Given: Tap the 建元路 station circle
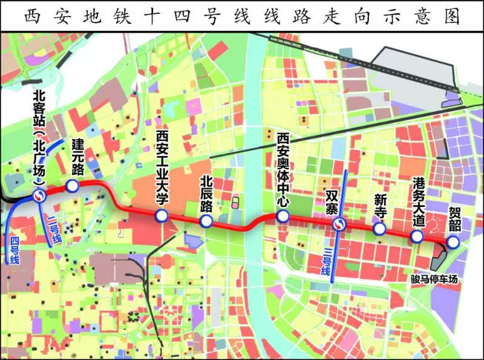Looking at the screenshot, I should click(x=72, y=186).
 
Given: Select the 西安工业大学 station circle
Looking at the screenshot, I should click(x=161, y=217).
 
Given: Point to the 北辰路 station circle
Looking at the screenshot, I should click(x=206, y=221).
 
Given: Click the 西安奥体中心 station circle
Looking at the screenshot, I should click(x=282, y=217).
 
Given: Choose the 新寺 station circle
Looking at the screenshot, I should click(x=379, y=229).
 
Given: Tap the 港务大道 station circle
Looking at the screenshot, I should click(x=417, y=237).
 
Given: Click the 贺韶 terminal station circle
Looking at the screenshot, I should click(x=453, y=241).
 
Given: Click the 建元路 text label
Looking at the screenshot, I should click(x=77, y=157).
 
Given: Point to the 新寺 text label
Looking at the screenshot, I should click(x=381, y=208).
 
